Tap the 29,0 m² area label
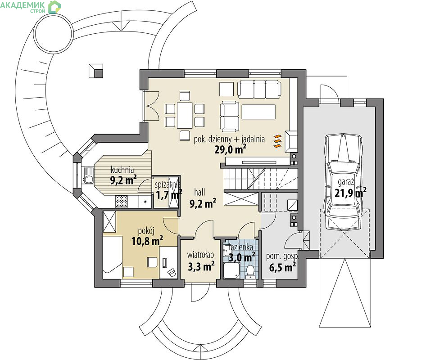click(x=231, y=149)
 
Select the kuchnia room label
click(x=122, y=170)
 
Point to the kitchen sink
click(x=88, y=175)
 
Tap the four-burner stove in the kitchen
click(x=122, y=202)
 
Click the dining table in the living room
click(x=185, y=115)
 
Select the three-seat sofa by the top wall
click(x=259, y=89)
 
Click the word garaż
click(x=346, y=182)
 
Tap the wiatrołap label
click(x=200, y=255)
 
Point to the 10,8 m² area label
click(x=147, y=241)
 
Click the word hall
click(x=199, y=192)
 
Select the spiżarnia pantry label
click(x=168, y=184)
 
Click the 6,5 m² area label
click(x=282, y=267)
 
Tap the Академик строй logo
click(x=31, y=7)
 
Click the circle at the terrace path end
click(x=53, y=34)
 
